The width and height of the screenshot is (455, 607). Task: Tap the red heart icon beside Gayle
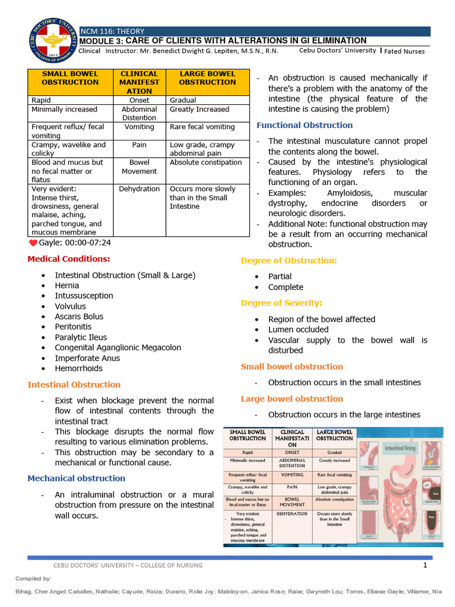(x=33, y=243)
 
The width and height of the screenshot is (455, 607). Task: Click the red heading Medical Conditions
(x=69, y=259)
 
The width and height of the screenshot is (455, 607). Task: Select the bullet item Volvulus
(x=71, y=306)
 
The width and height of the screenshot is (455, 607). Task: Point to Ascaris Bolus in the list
(x=79, y=317)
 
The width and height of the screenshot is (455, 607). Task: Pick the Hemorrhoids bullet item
(x=79, y=368)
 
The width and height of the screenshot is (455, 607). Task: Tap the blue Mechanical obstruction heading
(x=76, y=478)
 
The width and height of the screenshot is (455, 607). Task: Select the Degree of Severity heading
(x=281, y=303)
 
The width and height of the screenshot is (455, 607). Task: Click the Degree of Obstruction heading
(x=289, y=260)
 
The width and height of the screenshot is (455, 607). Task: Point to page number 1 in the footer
(x=425, y=565)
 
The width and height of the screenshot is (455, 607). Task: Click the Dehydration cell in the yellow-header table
(x=139, y=189)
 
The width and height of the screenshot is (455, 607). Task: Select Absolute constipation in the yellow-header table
(x=206, y=162)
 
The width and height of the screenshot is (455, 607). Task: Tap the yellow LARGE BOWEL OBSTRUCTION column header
(x=207, y=78)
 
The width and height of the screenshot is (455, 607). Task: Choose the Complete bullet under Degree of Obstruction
(x=286, y=287)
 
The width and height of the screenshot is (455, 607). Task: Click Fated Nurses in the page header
(x=405, y=52)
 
